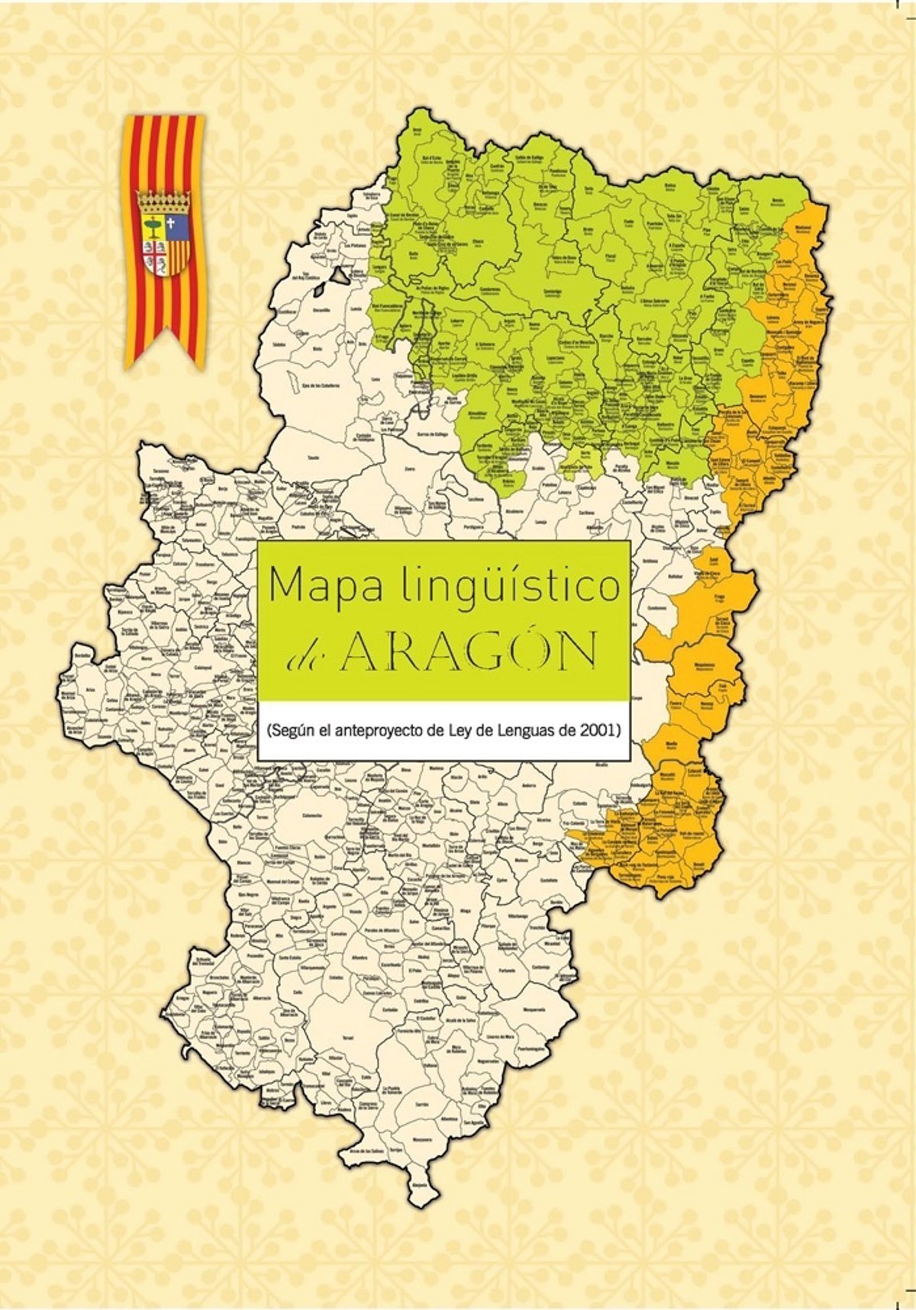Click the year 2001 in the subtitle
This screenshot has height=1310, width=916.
(595, 730)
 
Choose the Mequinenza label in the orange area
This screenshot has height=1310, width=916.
(704, 665)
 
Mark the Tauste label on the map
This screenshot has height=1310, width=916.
(313, 457)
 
